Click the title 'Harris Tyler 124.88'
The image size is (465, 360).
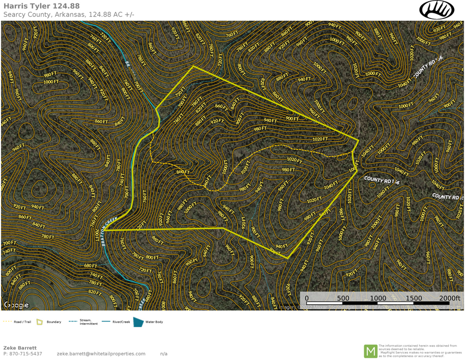click(41, 6)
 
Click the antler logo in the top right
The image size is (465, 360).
click(437, 10)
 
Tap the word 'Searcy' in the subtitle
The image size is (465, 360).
click(16, 14)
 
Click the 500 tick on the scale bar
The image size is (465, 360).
click(343, 298)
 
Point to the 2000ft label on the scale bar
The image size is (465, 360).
click(451, 298)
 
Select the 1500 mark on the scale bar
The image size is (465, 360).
click(414, 298)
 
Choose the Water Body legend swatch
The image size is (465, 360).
click(139, 322)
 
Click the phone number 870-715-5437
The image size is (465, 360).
click(23, 354)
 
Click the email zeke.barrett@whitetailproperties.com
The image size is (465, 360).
click(101, 354)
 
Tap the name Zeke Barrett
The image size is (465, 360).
click(20, 348)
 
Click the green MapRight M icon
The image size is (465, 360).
click(370, 351)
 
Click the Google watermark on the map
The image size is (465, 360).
click(16, 304)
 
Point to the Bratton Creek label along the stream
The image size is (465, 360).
click(108, 228)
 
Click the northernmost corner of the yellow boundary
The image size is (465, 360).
click(193, 66)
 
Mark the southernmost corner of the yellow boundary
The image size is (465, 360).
click(288, 257)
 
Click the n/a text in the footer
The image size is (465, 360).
click(164, 354)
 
